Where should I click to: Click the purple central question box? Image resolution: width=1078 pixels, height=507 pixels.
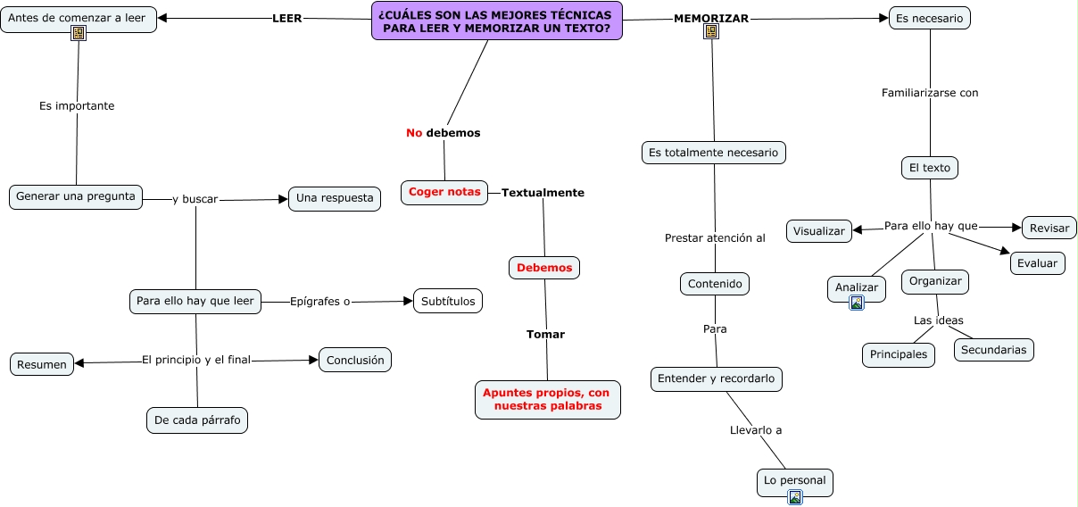point(497,21)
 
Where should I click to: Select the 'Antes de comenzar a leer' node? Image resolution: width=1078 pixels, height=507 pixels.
point(78,18)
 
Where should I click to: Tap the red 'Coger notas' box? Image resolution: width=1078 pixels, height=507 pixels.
point(444,192)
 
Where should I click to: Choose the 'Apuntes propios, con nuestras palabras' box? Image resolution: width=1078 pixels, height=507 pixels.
point(547,399)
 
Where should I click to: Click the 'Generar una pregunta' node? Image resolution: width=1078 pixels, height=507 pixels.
point(76,196)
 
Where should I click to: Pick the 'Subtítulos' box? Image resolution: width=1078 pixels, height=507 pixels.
point(448,301)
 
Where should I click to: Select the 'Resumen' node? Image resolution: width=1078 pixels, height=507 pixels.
point(42,364)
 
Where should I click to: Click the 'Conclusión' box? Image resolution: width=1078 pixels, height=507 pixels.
point(355,360)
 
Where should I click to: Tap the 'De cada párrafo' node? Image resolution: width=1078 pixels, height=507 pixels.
point(197,420)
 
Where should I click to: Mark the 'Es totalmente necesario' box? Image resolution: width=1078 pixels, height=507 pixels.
point(713,153)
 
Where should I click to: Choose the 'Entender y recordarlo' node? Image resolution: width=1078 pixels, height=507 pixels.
point(717,378)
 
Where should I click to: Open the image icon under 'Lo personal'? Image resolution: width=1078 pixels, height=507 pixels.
point(795,497)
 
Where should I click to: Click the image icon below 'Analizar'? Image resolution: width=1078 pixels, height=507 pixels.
point(857,303)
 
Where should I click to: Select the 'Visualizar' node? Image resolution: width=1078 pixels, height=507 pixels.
point(819,230)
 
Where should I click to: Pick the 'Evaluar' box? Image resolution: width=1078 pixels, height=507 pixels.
point(1037,262)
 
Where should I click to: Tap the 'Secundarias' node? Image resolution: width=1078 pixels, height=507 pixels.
point(994,349)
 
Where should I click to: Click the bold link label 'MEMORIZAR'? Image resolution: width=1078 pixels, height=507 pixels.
point(711,19)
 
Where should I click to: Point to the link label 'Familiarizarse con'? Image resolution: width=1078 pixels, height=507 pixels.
point(930,93)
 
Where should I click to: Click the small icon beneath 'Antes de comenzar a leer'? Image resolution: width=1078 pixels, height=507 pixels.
point(79,33)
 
